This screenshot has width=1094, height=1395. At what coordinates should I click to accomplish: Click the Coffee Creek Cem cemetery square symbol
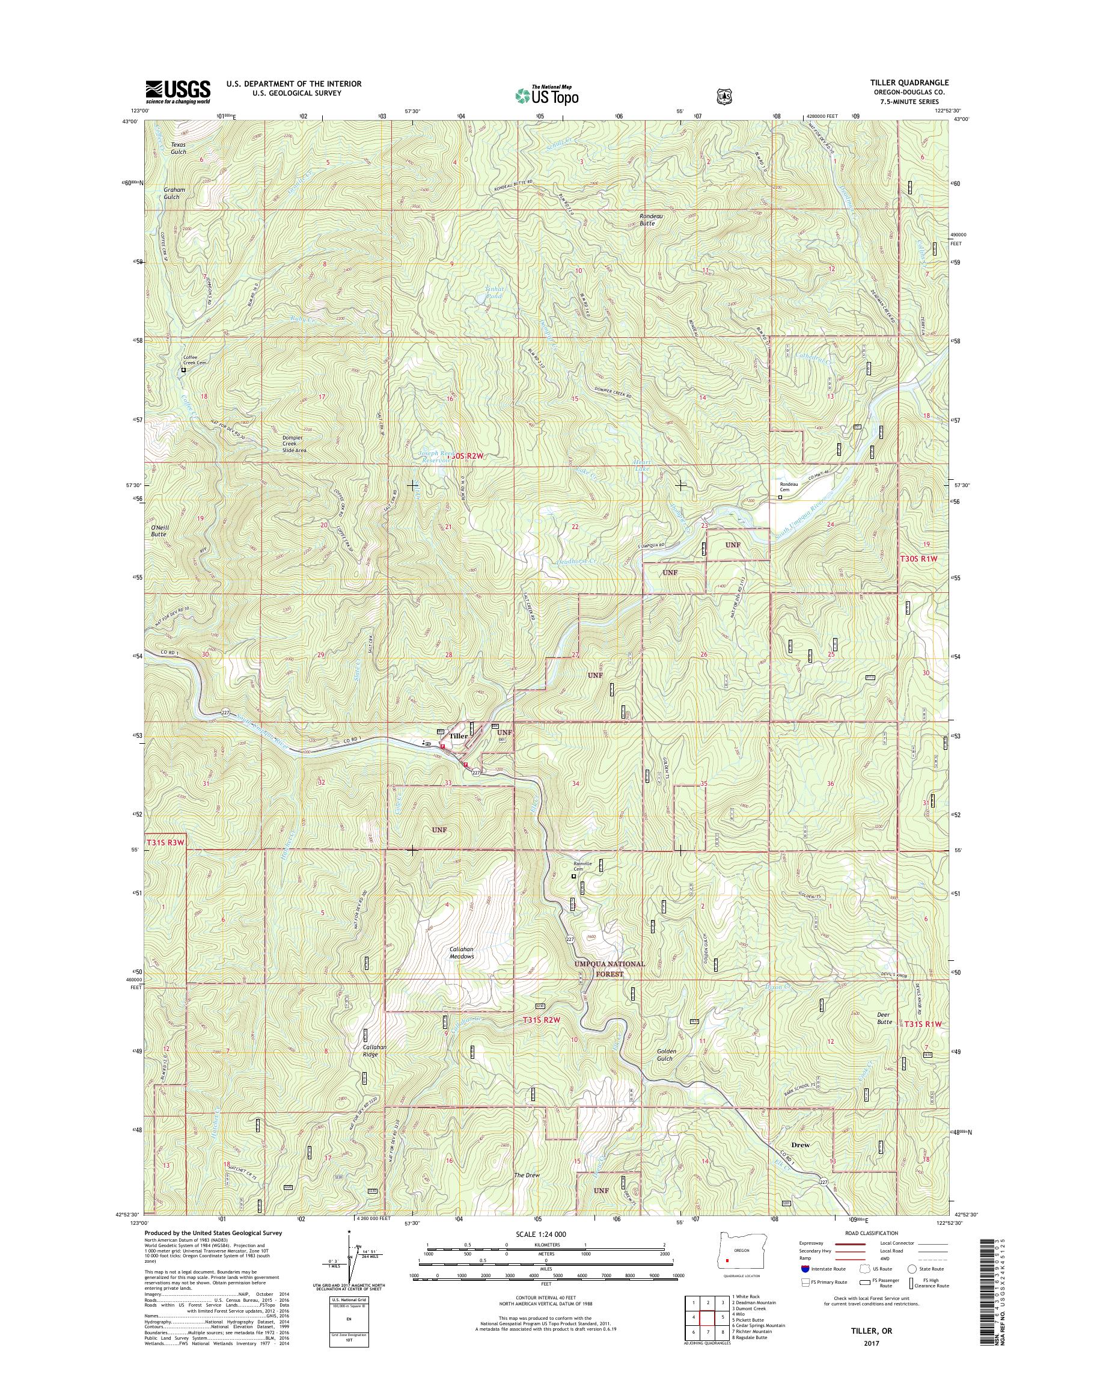click(183, 370)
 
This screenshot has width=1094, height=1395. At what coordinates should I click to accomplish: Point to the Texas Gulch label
click(178, 148)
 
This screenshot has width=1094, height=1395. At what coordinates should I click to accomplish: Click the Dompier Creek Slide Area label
click(295, 444)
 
